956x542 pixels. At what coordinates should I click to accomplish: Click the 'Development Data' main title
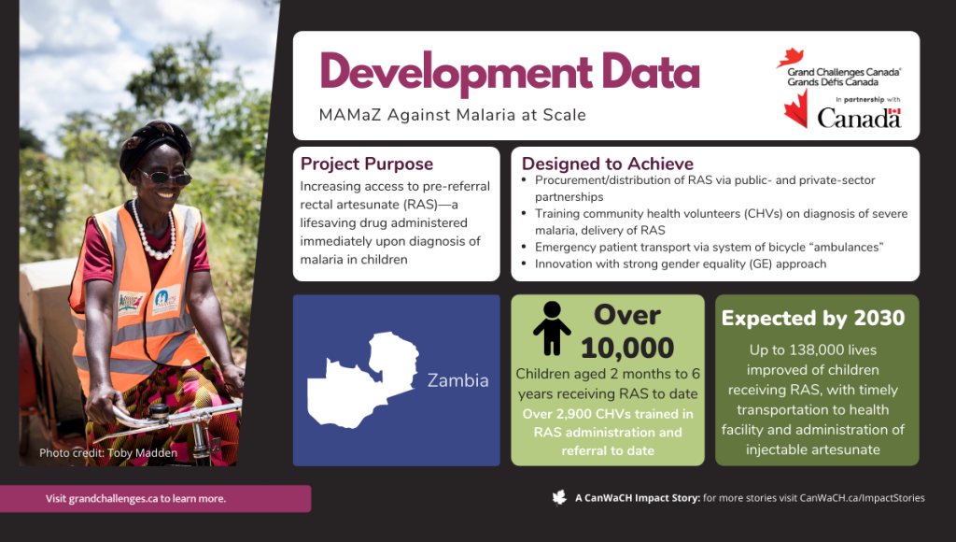510,73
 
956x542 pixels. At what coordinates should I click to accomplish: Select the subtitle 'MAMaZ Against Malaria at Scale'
453,115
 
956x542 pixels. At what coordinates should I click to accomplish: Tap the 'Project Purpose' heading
366,164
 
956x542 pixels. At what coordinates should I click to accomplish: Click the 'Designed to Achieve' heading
607,164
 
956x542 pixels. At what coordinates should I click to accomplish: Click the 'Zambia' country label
457,380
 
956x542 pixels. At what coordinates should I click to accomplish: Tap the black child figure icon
552,328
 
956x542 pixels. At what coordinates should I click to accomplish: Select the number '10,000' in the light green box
626,348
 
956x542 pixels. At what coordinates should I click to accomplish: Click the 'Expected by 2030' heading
813,318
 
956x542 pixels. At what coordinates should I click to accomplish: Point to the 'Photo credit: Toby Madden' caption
108,453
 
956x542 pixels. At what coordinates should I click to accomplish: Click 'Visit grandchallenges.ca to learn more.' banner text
135,499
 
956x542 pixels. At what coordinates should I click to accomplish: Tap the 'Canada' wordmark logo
859,118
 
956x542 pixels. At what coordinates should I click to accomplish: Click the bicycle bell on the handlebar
160,411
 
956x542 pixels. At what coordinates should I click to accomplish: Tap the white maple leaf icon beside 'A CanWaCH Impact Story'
559,497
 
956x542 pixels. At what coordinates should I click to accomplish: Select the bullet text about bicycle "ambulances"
710,248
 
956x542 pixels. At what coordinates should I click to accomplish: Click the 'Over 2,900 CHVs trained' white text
608,432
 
